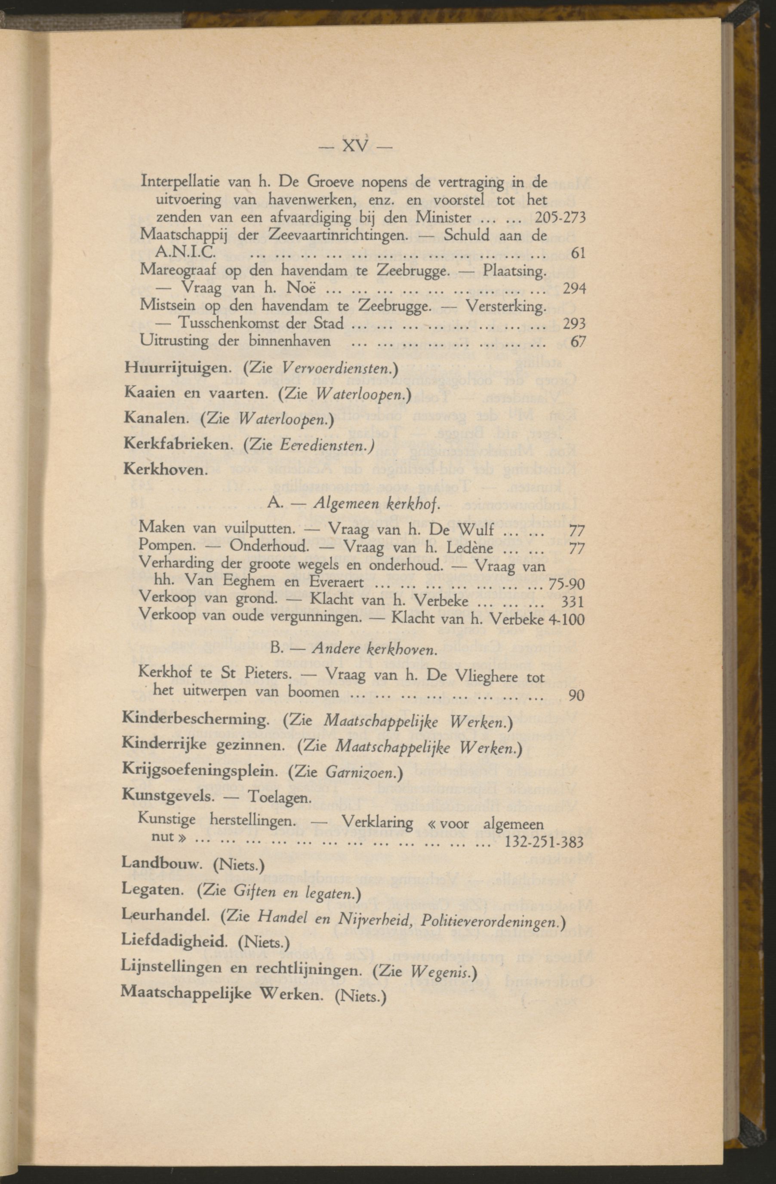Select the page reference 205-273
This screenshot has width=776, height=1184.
point(560,218)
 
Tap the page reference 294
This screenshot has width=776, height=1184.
point(574,288)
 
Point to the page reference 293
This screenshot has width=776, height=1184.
point(574,324)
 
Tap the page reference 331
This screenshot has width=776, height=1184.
point(572,602)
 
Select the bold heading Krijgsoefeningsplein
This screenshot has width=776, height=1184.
point(200,772)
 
